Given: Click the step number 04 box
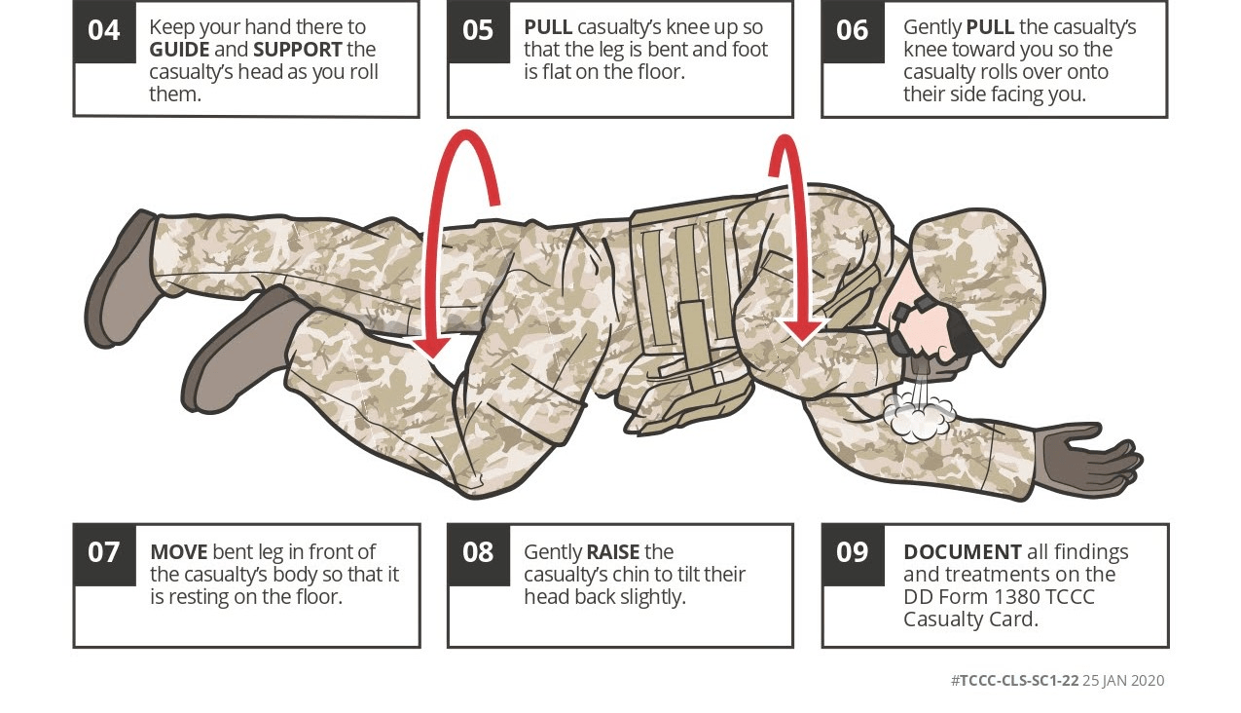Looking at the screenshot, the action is point(104,31).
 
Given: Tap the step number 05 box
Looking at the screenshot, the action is point(479,31).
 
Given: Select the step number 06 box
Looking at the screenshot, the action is point(853,31).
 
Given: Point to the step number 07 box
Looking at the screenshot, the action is point(104,554).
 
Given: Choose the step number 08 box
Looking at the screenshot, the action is point(479,554).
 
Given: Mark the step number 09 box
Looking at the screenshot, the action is point(853,554).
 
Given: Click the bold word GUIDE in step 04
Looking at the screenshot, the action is point(179,50).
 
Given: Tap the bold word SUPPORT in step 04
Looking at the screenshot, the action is point(298,50).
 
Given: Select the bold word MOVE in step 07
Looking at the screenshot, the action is point(179,552).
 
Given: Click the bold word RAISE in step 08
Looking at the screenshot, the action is point(613,552).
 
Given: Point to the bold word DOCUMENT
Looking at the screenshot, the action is point(963,552).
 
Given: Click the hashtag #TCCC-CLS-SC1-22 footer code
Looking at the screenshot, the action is point(1015,680).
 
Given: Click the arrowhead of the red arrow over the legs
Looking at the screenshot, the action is point(432,345).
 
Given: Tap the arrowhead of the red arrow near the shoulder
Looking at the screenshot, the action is point(802,329).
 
